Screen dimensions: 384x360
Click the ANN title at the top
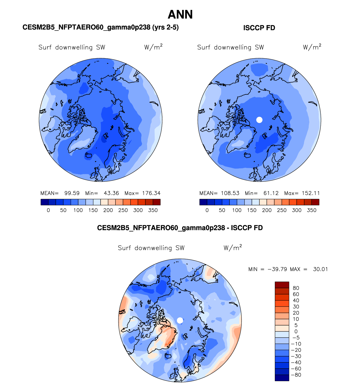click(x=180, y=15)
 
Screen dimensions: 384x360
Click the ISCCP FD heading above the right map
click(x=259, y=28)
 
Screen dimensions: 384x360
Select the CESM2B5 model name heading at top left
click(x=100, y=27)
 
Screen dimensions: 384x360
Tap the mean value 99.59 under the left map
click(x=72, y=193)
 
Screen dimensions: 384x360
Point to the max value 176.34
click(x=151, y=193)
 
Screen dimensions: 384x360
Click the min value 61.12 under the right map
click(x=271, y=193)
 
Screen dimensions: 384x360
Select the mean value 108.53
click(x=230, y=193)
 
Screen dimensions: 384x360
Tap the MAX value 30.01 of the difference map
click(x=320, y=269)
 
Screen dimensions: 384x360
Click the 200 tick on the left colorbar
click(x=108, y=210)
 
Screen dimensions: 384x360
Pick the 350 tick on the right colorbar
click(x=312, y=210)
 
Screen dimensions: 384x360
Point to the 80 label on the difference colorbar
click(x=296, y=288)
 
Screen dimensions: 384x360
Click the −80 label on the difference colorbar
click(x=296, y=375)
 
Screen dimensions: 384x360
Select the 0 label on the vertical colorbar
click(x=296, y=331)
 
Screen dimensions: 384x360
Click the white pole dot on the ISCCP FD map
click(x=259, y=120)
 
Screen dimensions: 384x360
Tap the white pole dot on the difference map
click(x=180, y=320)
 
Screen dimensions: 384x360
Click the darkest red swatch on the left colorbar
click(x=157, y=202)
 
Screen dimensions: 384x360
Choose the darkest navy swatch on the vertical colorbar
click(x=282, y=378)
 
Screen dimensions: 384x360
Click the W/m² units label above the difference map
click(x=233, y=248)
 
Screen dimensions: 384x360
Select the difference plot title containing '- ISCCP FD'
click(x=180, y=228)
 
